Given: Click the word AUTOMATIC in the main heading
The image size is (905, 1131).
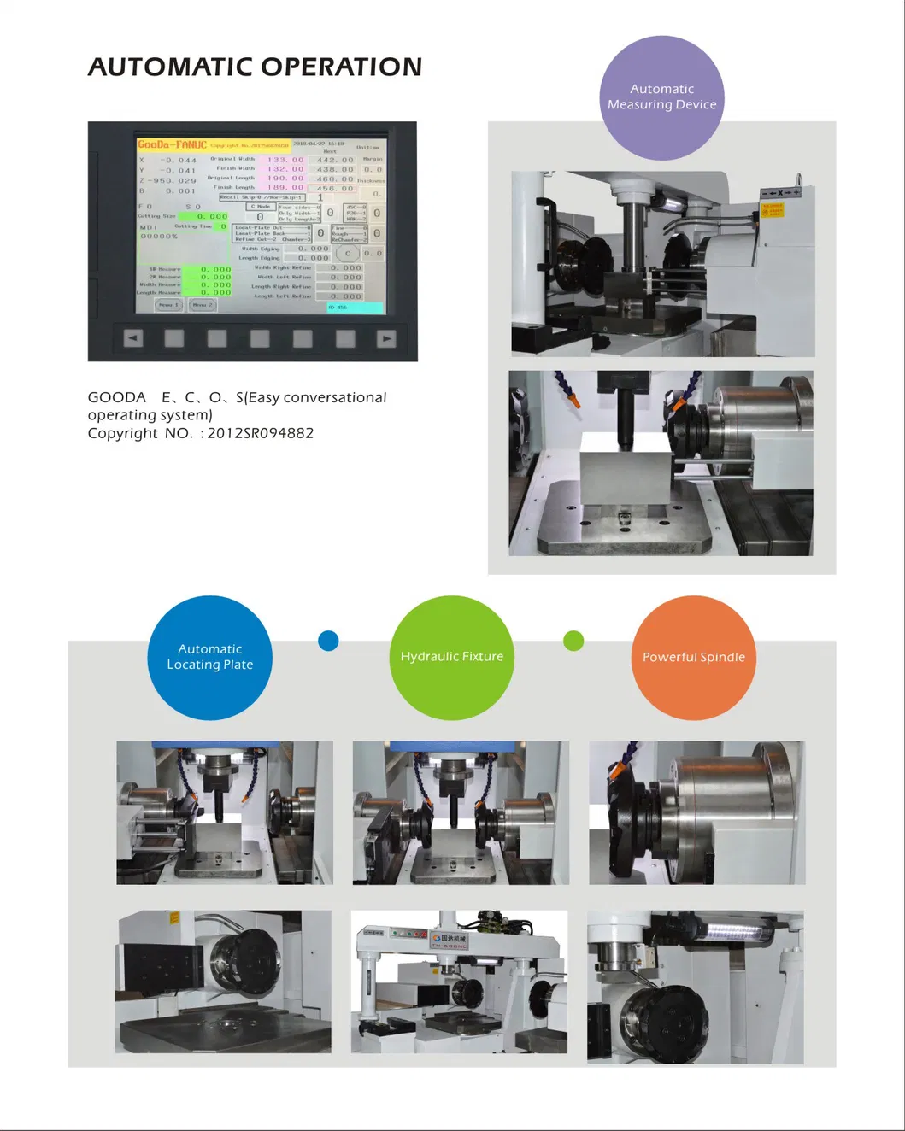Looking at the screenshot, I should tap(169, 67).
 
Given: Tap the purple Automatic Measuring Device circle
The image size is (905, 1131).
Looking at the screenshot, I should tap(661, 97).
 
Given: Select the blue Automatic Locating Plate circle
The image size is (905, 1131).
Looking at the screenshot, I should tap(209, 657).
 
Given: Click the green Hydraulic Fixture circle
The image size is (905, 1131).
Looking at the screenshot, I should tap(451, 657).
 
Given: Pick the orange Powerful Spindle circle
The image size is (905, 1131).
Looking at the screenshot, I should tap(693, 657).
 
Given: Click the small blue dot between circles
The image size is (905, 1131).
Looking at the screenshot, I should tap(328, 641).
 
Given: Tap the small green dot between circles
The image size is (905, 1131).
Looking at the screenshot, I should tap(573, 641).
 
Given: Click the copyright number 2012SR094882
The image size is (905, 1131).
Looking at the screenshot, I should tap(260, 433).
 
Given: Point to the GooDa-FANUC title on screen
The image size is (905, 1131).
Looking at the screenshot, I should tap(172, 144).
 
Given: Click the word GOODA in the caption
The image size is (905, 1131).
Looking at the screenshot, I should tap(117, 397).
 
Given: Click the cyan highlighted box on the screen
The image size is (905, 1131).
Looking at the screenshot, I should tap(355, 307).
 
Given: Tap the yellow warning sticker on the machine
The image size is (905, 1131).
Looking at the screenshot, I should tap(773, 209).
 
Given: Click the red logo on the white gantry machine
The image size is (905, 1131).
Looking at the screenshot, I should tap(436, 938).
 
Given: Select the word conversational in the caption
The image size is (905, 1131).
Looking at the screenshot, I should tap(335, 397).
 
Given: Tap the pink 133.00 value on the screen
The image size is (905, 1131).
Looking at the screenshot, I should tap(285, 159).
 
